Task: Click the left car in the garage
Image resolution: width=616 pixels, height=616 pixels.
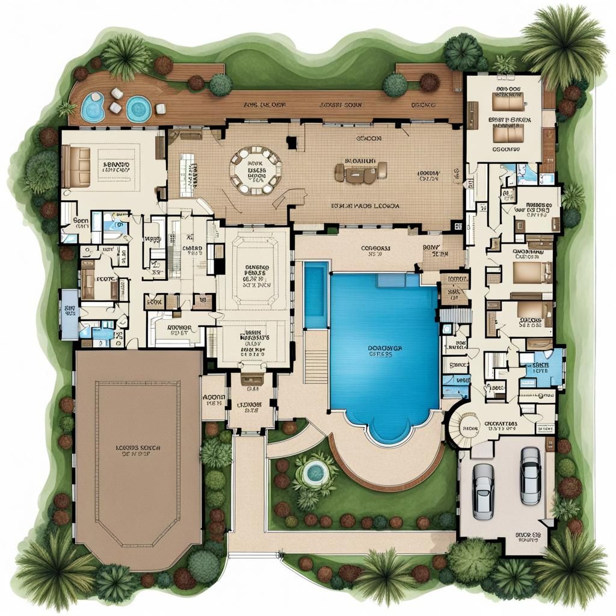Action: (483, 491)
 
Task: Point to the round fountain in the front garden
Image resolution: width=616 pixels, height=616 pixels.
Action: (314, 473)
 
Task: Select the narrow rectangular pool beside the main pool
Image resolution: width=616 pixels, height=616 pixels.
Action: (316, 295)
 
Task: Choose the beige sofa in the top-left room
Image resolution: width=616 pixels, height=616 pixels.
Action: (76, 165)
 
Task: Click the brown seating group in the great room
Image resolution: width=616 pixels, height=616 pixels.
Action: (360, 173)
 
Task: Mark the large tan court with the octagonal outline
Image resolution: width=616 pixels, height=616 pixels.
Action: (138, 457)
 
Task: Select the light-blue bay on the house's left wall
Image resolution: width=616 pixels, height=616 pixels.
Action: (69, 314)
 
